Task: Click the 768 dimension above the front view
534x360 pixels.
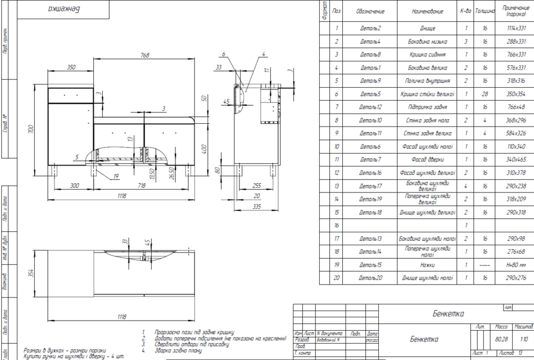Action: click(x=144, y=55)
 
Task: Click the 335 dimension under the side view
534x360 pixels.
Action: click(x=257, y=207)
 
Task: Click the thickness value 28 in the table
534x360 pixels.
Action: click(x=485, y=94)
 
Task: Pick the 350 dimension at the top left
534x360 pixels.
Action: click(x=71, y=67)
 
